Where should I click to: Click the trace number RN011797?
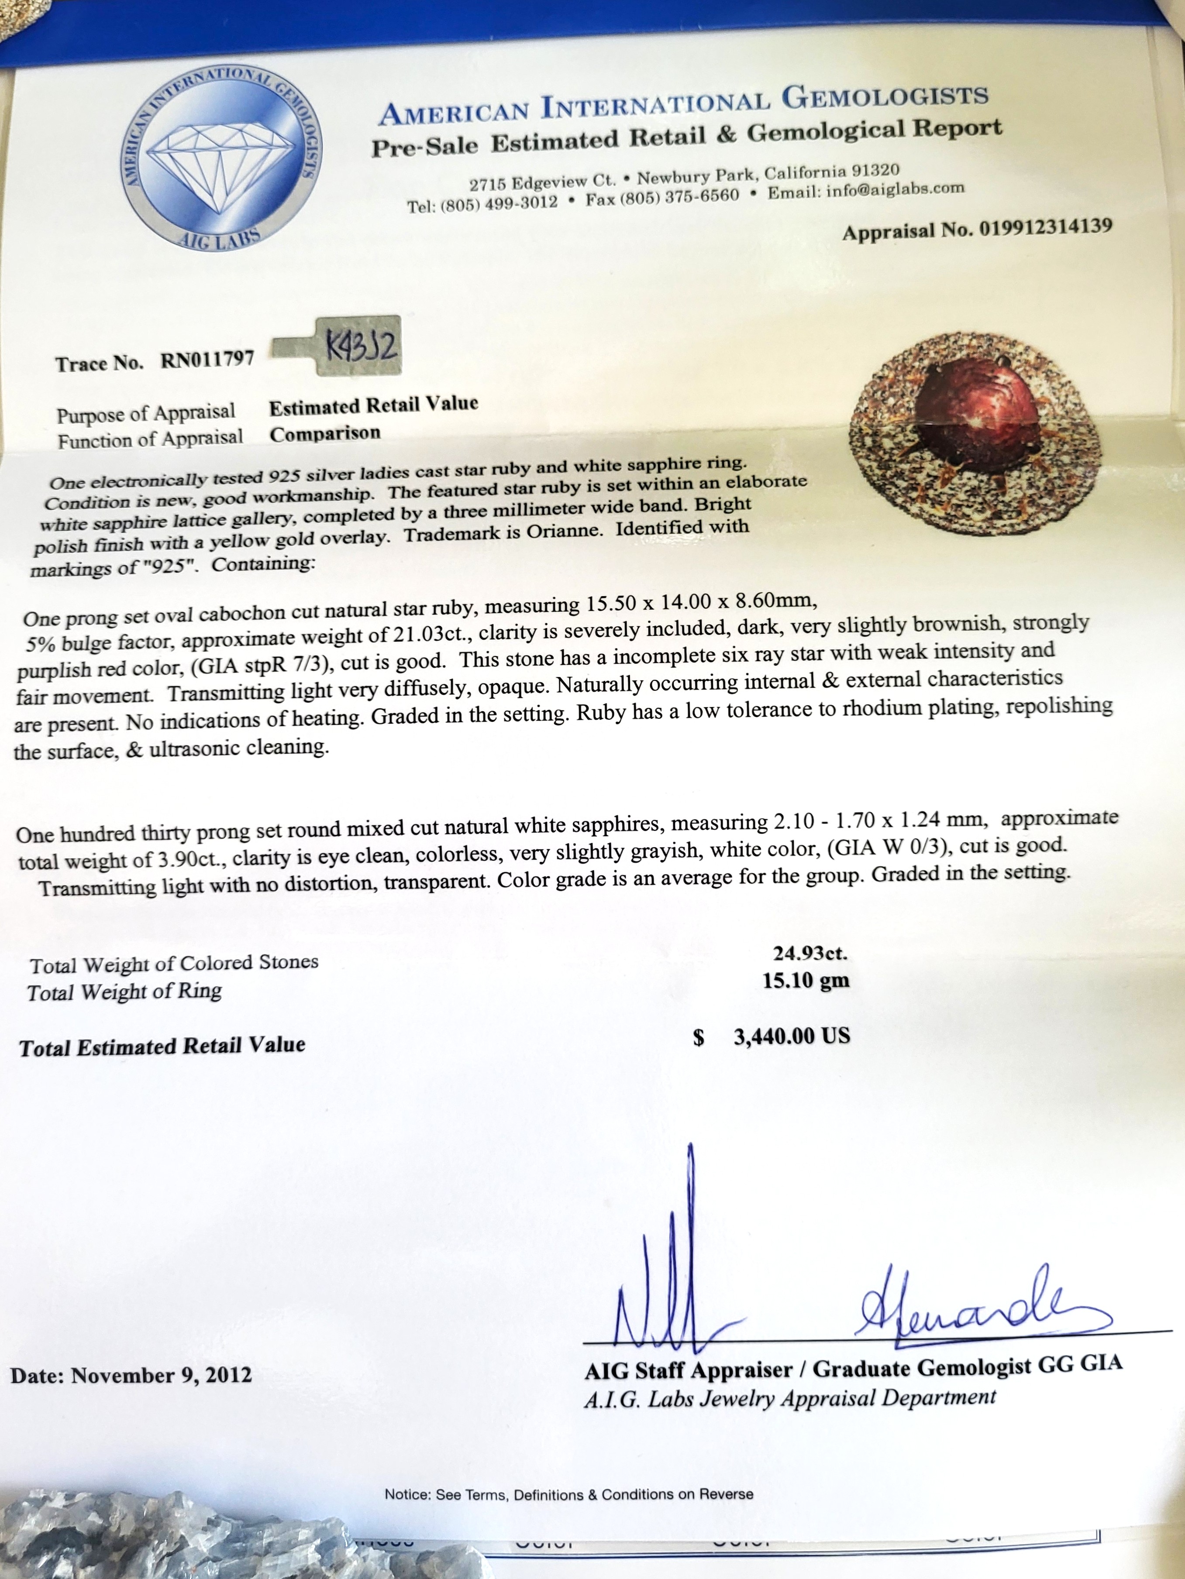point(207,359)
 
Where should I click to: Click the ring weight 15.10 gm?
point(806,980)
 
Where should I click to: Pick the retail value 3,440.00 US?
point(792,1036)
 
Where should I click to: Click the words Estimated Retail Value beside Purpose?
point(373,405)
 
